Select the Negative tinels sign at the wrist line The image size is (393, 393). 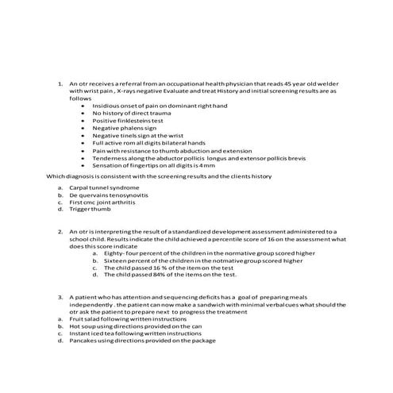[143, 135]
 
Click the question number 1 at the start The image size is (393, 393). [60, 83]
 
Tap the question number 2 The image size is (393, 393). [60, 231]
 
